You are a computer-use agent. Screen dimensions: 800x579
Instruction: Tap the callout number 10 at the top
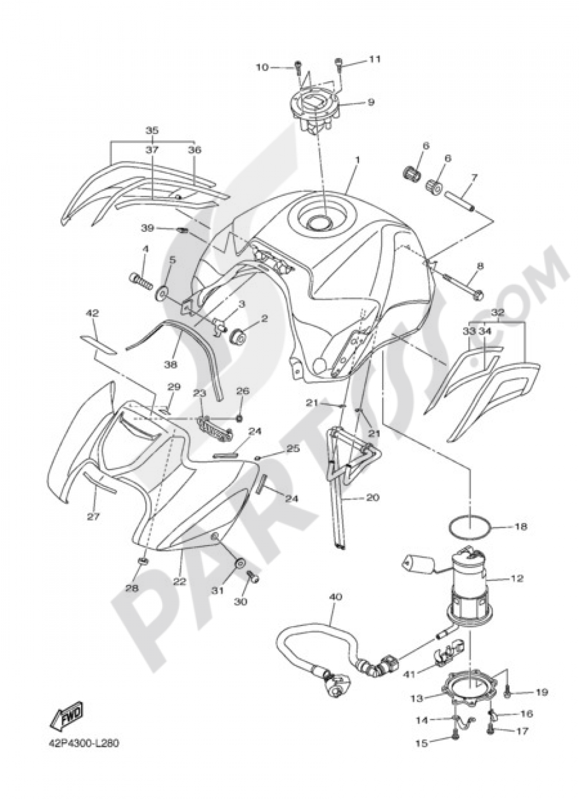(x=262, y=67)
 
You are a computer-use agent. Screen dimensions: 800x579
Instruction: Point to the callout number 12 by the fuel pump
(x=517, y=578)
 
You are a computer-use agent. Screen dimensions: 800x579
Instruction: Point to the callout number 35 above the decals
(x=152, y=130)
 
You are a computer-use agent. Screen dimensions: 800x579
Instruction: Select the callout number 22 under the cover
(x=179, y=581)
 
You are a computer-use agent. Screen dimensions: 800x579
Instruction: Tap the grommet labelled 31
(x=238, y=564)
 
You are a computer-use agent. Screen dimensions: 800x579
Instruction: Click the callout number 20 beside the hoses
(x=372, y=497)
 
